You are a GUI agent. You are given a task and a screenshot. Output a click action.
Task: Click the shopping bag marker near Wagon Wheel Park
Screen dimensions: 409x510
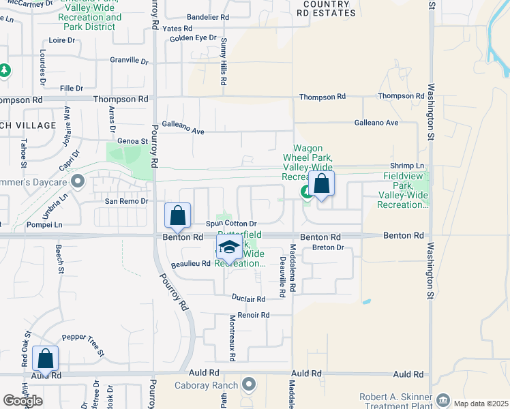(x=321, y=183)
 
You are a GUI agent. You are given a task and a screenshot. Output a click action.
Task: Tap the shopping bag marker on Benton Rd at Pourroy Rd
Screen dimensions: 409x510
(x=177, y=216)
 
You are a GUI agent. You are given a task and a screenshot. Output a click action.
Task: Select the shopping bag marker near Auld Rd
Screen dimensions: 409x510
(x=45, y=359)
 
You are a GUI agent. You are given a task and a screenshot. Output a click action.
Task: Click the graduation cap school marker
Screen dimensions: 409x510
(x=230, y=249)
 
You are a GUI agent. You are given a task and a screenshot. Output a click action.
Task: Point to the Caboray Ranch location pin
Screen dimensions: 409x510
(x=250, y=385)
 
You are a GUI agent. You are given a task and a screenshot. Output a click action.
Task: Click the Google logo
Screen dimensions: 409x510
(x=22, y=401)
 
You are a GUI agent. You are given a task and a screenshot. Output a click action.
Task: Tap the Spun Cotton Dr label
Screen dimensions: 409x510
(x=231, y=224)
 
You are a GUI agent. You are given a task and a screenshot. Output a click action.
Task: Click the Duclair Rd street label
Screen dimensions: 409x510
(x=248, y=299)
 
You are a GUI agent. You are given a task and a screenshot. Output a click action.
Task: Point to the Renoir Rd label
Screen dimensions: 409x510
(x=254, y=315)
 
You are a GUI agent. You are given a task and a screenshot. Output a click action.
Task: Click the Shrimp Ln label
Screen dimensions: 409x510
(x=407, y=166)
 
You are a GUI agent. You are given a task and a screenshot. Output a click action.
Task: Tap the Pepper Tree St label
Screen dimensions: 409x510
(x=83, y=344)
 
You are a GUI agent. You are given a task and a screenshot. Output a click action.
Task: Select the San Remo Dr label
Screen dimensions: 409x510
(x=126, y=201)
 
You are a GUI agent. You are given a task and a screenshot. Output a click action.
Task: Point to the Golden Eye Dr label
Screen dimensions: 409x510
(x=193, y=38)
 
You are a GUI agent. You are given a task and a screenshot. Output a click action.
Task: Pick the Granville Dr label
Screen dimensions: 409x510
(x=130, y=61)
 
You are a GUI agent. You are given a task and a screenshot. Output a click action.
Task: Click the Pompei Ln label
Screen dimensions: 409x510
(x=44, y=224)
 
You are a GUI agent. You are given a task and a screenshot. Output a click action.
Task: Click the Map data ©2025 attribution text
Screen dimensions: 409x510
(x=480, y=404)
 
